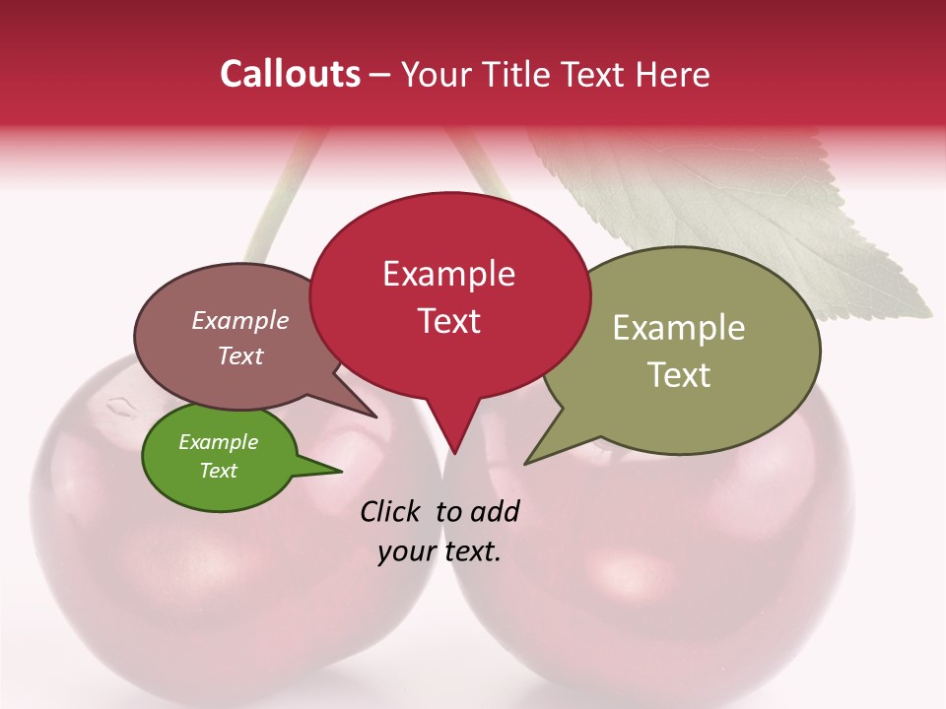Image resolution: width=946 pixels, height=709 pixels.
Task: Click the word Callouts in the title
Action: click(290, 74)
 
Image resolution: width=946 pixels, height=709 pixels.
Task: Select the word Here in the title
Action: click(673, 75)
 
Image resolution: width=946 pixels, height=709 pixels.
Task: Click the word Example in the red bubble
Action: click(448, 274)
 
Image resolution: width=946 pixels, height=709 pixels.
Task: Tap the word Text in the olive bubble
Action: click(679, 375)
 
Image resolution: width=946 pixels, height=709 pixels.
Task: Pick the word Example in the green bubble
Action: click(218, 442)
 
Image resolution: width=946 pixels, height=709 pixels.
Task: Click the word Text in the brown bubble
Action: click(240, 355)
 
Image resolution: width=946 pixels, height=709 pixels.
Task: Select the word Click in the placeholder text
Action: click(391, 511)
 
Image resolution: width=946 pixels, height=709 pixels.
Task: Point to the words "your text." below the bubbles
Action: click(439, 551)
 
